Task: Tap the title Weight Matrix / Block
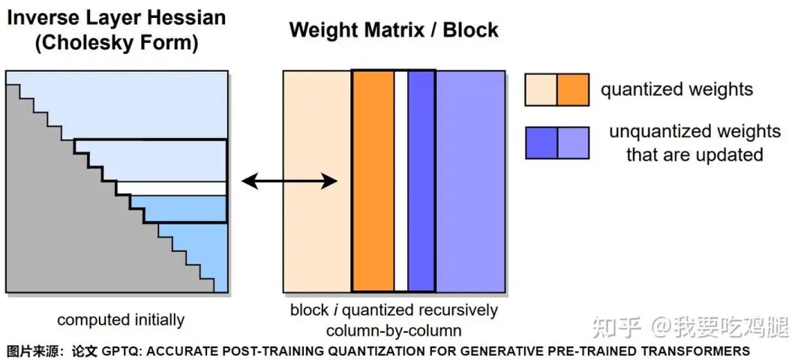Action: pos(394,30)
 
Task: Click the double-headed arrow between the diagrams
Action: pos(289,181)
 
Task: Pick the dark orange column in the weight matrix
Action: pos(373,181)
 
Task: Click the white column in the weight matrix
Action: pos(400,181)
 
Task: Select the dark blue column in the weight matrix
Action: pos(421,181)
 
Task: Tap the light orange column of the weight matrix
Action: pos(317,181)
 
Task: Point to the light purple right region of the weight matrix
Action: pos(470,181)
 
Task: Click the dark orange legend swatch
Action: pos(573,89)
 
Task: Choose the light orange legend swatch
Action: pos(541,89)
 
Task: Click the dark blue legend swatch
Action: pos(541,143)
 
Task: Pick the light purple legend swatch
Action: pos(573,143)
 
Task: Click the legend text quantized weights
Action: pos(676,90)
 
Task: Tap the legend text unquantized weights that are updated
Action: pos(694,143)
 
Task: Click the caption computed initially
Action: pos(121,320)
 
